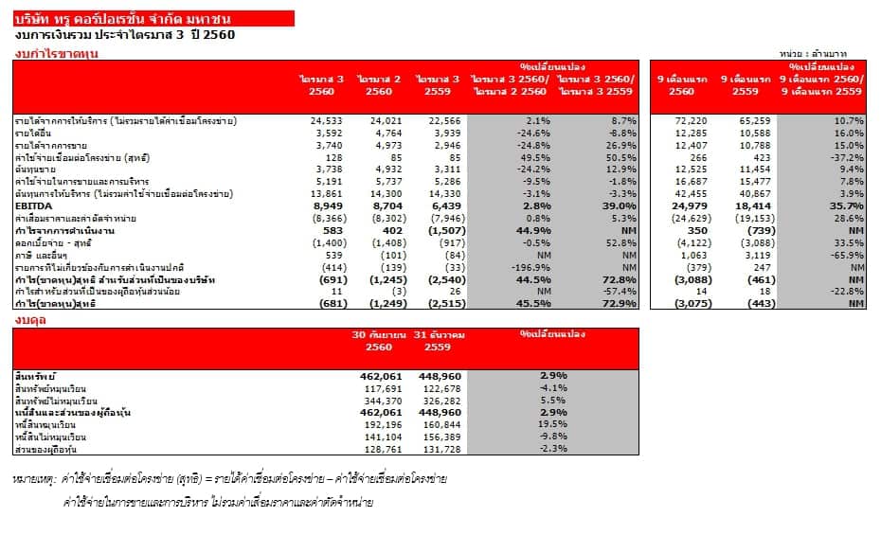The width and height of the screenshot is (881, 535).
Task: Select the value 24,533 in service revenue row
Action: (x=326, y=121)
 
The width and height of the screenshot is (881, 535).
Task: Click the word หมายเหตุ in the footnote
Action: (x=36, y=480)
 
